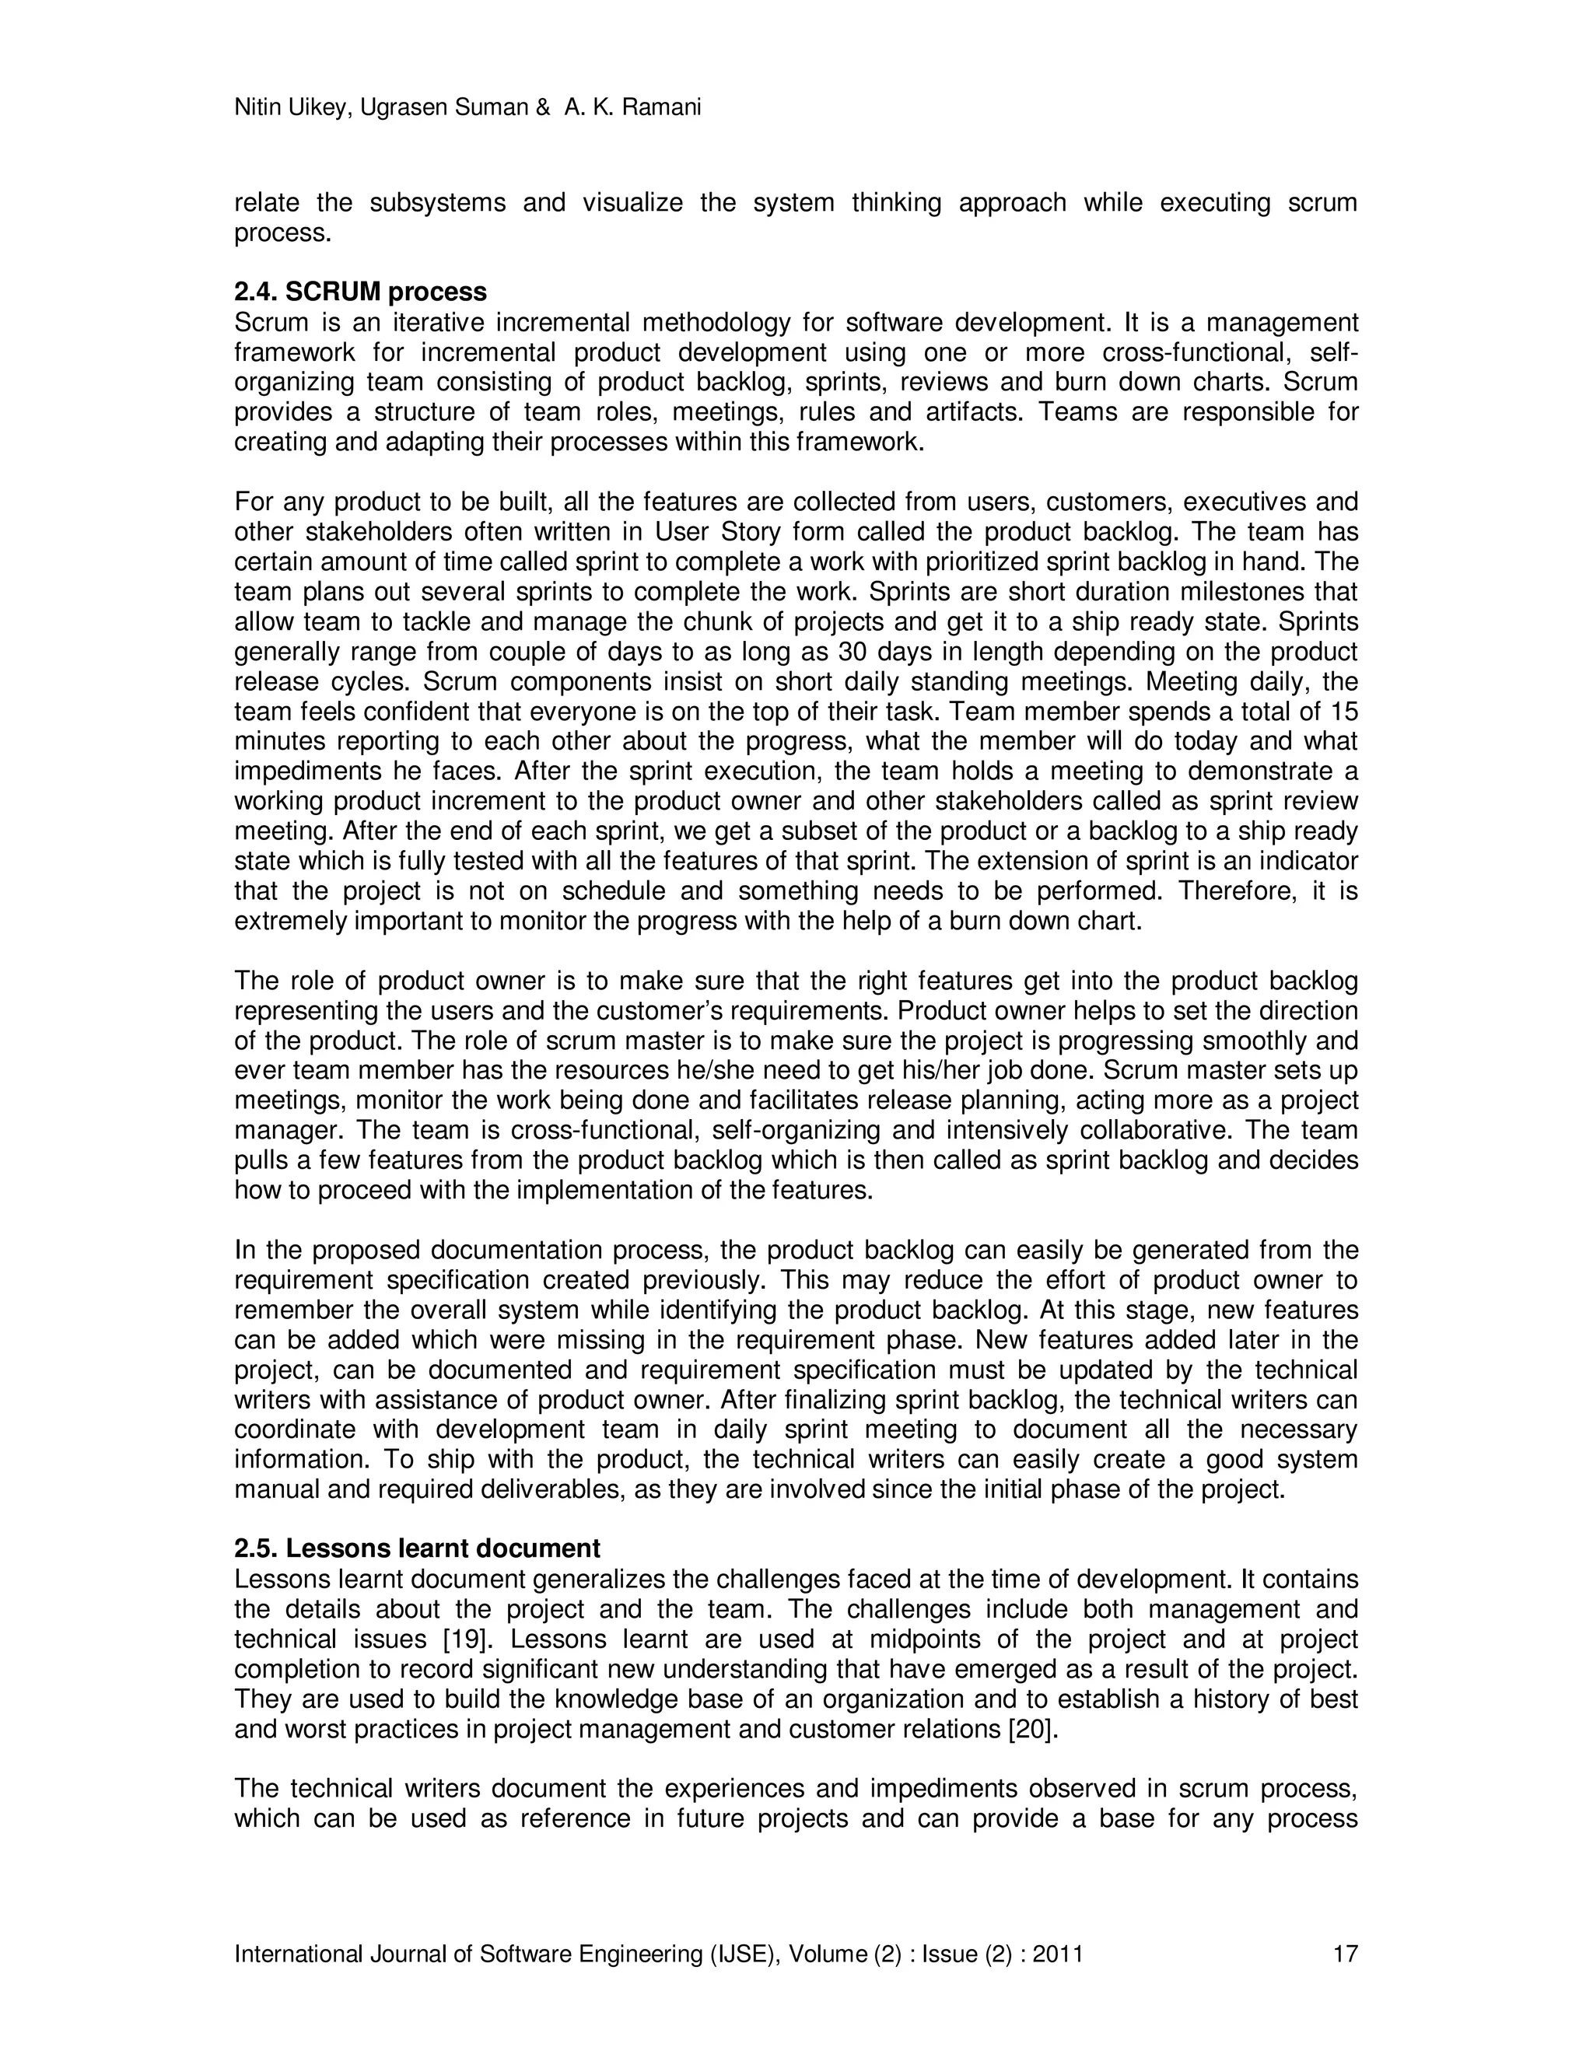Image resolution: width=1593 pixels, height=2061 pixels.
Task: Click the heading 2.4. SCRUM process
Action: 360,292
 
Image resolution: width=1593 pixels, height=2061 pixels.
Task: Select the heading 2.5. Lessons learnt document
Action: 417,1549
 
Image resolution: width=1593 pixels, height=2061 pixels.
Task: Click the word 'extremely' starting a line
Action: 289,921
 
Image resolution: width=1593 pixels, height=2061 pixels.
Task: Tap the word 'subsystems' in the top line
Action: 438,203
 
